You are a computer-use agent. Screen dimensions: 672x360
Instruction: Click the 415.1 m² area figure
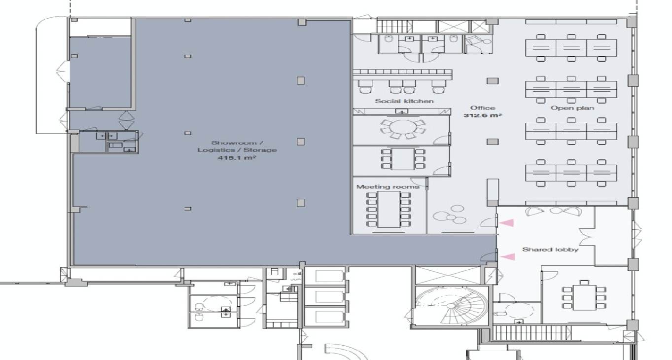[x=237, y=158]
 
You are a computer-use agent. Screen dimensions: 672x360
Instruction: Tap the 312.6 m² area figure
[x=483, y=115]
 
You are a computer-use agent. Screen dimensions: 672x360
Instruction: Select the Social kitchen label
[x=404, y=101]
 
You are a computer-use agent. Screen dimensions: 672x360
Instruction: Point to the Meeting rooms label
[x=388, y=186]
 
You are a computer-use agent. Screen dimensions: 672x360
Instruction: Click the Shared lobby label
[x=550, y=250]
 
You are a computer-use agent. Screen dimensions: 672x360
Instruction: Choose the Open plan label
[x=572, y=108]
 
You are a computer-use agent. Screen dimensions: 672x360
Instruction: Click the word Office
[x=482, y=108]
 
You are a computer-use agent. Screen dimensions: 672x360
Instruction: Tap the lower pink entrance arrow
[x=507, y=257]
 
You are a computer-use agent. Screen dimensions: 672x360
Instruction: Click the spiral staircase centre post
[x=451, y=306]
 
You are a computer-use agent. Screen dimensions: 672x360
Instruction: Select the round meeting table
[x=403, y=128]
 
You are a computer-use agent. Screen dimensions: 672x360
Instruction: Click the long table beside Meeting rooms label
[x=389, y=209]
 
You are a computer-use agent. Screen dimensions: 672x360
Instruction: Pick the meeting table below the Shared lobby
[x=584, y=297]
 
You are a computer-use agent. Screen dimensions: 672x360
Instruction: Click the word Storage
[x=260, y=150]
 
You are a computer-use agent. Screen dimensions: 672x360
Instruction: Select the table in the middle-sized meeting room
[x=403, y=159]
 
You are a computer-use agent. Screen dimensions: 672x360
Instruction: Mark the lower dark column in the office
[x=493, y=142]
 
